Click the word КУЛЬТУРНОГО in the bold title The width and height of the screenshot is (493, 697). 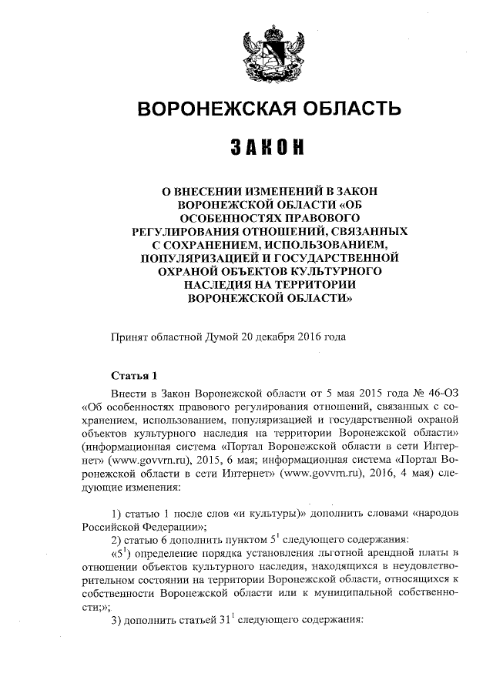pyautogui.click(x=336, y=272)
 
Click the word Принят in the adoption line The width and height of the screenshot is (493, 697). pyautogui.click(x=130, y=337)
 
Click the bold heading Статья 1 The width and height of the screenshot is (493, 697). pyautogui.click(x=134, y=376)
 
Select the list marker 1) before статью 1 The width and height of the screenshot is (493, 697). pyautogui.click(x=118, y=514)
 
